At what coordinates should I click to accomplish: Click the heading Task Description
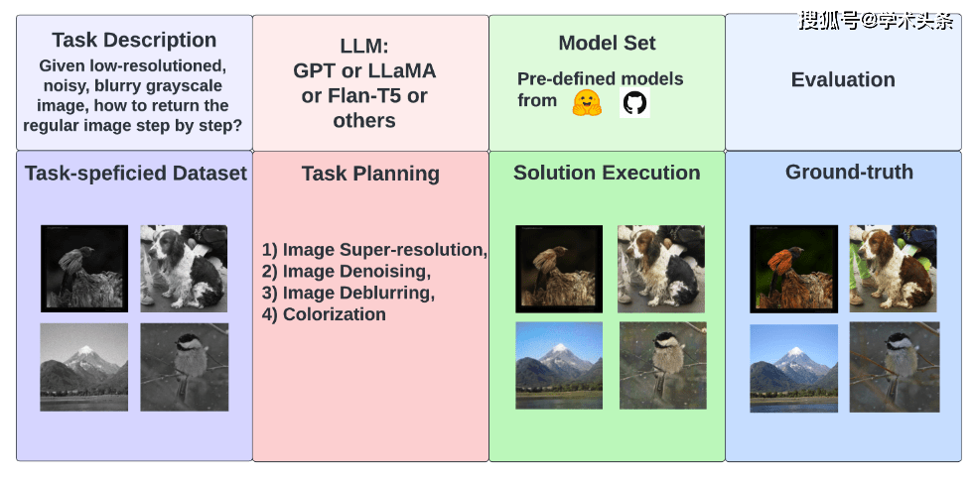point(134,41)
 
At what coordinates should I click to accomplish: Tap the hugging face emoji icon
point(587,102)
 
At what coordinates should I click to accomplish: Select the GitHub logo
point(634,102)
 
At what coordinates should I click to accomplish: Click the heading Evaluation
point(843,79)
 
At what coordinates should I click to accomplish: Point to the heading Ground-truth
point(849,172)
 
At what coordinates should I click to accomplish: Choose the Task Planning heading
point(370,174)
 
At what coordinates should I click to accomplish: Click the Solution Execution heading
point(607,173)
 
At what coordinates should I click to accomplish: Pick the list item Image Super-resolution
point(374,250)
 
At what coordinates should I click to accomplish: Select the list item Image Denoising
point(347,272)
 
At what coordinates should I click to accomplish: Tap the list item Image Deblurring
point(348,293)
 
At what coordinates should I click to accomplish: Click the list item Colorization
point(324,314)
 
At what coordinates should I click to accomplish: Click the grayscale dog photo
point(184,268)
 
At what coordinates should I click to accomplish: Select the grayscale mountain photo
point(84,366)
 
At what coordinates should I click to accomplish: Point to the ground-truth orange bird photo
point(793,268)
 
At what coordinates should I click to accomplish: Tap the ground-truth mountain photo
point(793,368)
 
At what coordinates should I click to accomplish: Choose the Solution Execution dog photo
point(661,268)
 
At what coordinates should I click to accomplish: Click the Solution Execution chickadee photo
point(663,365)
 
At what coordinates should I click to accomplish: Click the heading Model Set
point(607,43)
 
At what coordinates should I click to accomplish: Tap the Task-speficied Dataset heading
point(136,174)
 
